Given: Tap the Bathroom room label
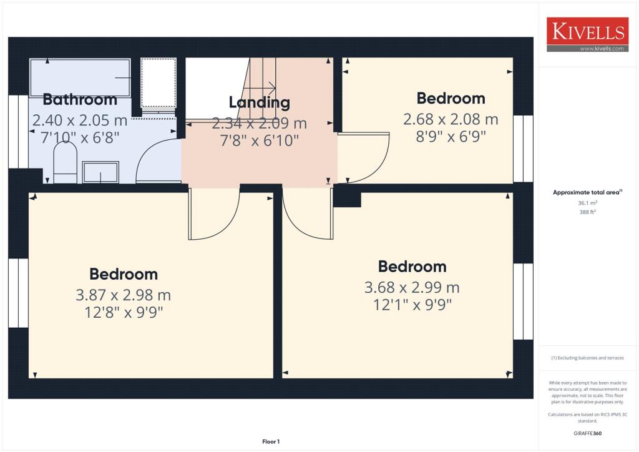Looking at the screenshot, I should click(80, 100).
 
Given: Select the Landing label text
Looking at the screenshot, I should click(259, 102).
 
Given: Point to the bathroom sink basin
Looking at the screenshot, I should click(100, 172).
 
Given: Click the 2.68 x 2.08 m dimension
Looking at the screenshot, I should click(451, 119).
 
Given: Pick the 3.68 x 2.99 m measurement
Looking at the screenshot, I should click(412, 288).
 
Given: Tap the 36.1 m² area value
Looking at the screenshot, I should click(587, 203).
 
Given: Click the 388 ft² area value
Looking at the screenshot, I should click(587, 212).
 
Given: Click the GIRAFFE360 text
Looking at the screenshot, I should click(587, 433).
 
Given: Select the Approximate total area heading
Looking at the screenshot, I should click(587, 192).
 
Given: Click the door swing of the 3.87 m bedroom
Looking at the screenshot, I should click(215, 215).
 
